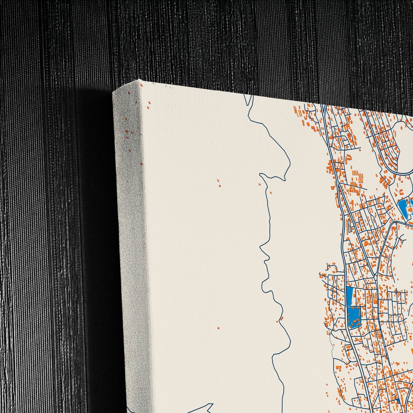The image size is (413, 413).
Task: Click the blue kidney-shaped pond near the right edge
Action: (x=402, y=205)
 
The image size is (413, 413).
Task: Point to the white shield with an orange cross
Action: (x=409, y=212)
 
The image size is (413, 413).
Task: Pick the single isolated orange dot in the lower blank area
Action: (x=218, y=328)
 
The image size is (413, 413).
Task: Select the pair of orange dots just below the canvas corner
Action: (x=149, y=105)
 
